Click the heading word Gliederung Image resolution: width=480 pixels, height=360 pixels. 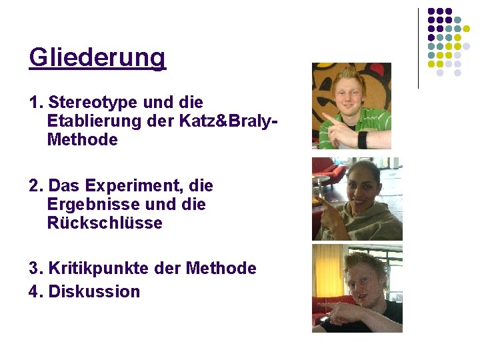pos(97,59)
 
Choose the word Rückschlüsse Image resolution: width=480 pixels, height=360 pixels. pos(105,223)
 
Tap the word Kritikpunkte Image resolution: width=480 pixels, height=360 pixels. pos(89,269)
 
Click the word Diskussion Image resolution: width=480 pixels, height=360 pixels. pos(94,291)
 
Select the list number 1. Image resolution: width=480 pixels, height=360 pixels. pos(35,103)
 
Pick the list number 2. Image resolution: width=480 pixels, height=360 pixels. pos(35,185)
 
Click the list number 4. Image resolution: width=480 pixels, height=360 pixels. pos(35,291)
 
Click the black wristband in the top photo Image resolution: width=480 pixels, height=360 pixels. pos(363,139)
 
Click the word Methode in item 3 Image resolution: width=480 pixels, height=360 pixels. pos(221,269)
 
